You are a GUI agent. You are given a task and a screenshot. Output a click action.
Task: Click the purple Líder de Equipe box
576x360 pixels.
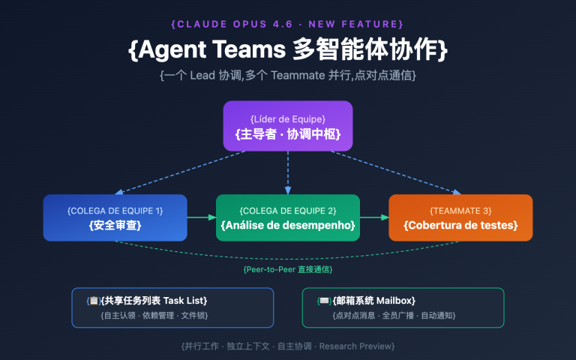click(x=288, y=126)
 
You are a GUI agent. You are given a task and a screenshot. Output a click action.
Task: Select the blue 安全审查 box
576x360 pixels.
click(x=115, y=217)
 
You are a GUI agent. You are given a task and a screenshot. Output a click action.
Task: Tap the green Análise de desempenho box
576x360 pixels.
click(x=288, y=217)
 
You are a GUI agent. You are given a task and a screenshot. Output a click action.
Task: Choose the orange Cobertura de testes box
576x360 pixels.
click(x=460, y=217)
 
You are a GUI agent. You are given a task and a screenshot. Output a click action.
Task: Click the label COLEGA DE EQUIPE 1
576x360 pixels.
click(x=115, y=210)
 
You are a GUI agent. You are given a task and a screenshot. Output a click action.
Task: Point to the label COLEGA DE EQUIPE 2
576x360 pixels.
click(x=288, y=210)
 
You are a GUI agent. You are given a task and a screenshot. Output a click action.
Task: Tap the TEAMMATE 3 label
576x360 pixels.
click(x=460, y=210)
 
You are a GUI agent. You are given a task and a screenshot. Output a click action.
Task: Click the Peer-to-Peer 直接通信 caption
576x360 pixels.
click(x=288, y=268)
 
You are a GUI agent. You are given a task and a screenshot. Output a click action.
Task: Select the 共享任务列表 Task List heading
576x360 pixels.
click(x=154, y=301)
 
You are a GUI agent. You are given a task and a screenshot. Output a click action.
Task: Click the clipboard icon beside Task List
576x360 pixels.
click(x=94, y=301)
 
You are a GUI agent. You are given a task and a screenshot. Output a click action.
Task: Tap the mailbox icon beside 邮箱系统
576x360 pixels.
click(x=324, y=301)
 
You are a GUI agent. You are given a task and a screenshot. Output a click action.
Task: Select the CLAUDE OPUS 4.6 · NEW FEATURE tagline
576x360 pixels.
click(x=288, y=24)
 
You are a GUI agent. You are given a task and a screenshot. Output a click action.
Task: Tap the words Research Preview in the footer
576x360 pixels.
click(x=362, y=346)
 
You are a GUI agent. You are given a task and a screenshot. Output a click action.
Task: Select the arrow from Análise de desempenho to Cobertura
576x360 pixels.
click(x=374, y=217)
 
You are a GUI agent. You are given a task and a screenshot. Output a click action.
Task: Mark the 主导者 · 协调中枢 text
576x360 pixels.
click(x=288, y=134)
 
